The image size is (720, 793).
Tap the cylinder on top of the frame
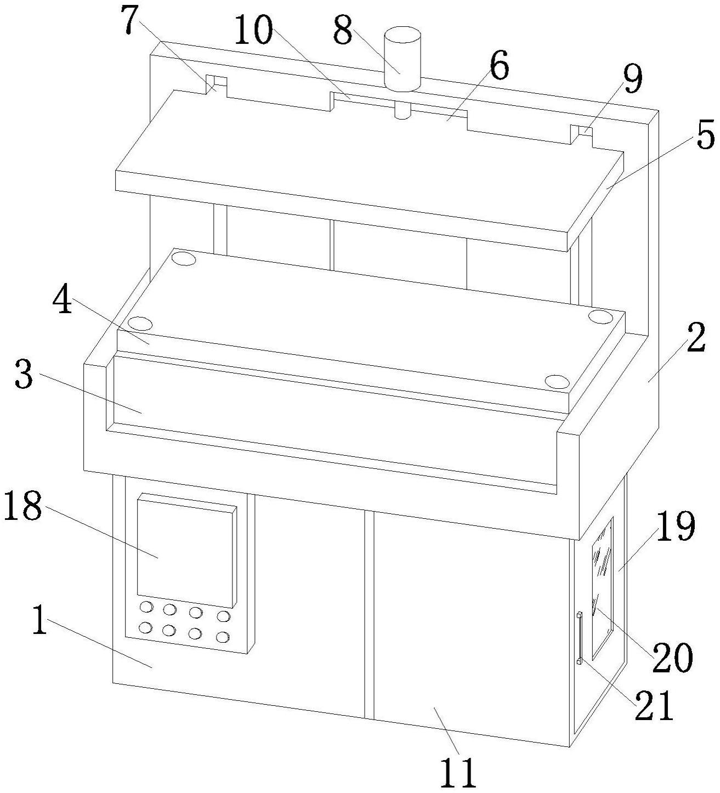click(x=402, y=60)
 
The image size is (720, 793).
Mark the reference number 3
click(x=23, y=376)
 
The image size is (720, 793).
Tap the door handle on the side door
click(x=579, y=637)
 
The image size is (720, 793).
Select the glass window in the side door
click(x=602, y=587)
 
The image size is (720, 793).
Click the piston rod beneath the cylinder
click(x=402, y=110)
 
